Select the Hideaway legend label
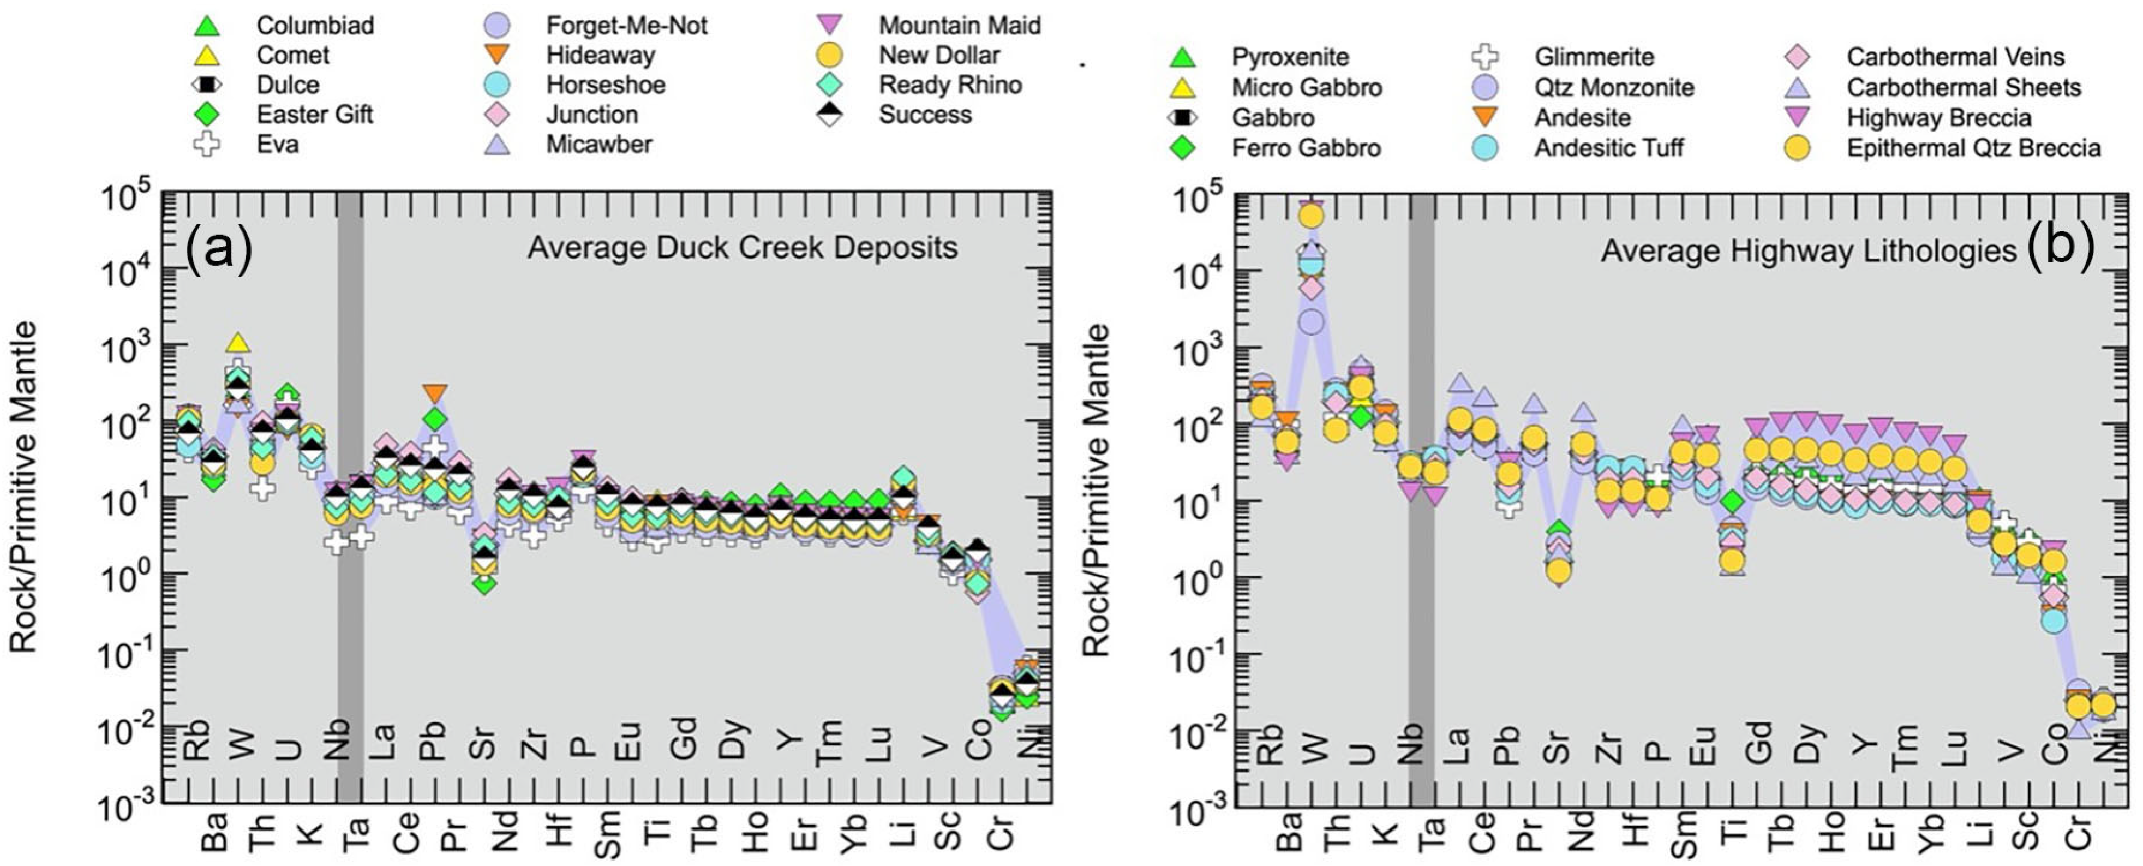tap(601, 55)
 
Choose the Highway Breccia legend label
tap(1939, 117)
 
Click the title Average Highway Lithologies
tap(1810, 250)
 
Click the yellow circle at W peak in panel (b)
tap(1312, 216)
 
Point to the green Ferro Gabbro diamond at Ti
tap(1731, 501)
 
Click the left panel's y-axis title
tap(24, 487)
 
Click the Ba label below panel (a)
tap(214, 832)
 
